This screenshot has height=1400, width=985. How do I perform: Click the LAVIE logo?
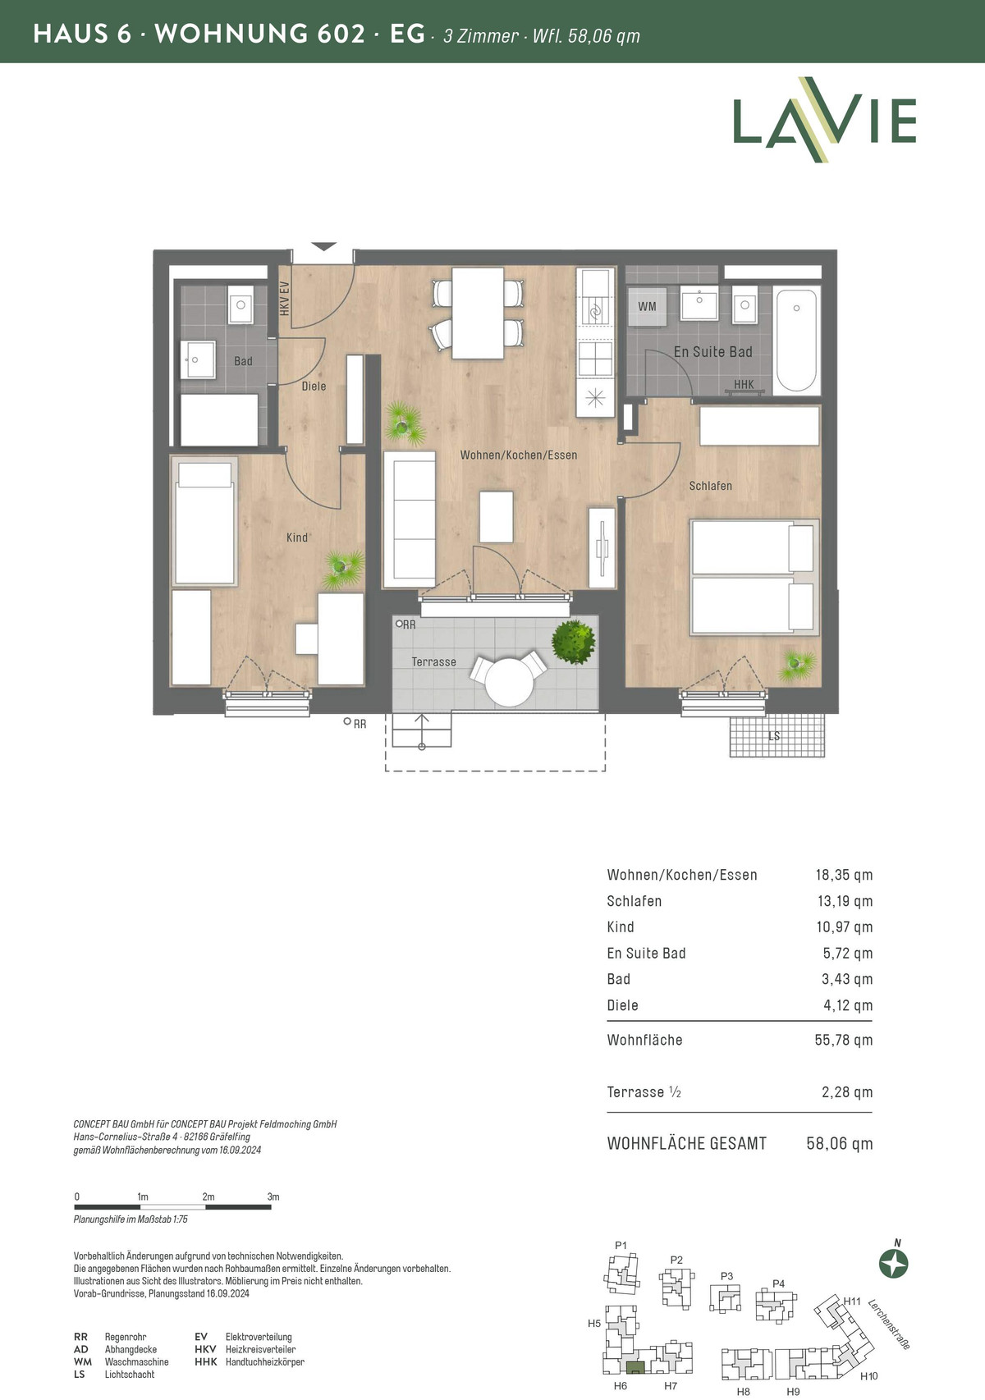pos(824,119)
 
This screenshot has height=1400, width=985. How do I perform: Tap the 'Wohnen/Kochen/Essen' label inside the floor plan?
pos(519,455)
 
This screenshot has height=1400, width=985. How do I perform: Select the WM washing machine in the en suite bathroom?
pos(647,306)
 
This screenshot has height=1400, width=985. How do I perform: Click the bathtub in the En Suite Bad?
pos(796,340)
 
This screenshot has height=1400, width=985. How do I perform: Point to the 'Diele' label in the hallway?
pos(314,387)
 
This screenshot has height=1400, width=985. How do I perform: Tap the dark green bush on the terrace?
pos(573,642)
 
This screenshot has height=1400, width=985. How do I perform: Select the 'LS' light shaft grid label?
pos(774,736)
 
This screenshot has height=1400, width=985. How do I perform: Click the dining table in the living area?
pos(478,313)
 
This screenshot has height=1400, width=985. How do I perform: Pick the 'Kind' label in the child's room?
pos(297,538)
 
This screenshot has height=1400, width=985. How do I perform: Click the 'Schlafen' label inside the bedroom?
pos(711,486)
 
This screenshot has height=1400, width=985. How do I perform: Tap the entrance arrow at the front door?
pos(323,247)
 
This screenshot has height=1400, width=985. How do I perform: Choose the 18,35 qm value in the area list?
pos(844,874)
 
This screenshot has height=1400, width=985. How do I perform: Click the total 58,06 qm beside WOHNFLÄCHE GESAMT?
pos(840,1143)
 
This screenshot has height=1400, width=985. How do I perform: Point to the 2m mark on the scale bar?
pos(208,1196)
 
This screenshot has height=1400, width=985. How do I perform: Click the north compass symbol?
pos(894,1264)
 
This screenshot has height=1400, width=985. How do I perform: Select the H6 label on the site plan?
pos(620,1385)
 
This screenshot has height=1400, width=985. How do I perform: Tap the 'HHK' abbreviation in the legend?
pos(206,1362)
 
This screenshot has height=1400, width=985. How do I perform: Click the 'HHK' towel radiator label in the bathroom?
pos(744,384)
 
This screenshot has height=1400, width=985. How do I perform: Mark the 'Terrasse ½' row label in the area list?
pos(644,1092)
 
